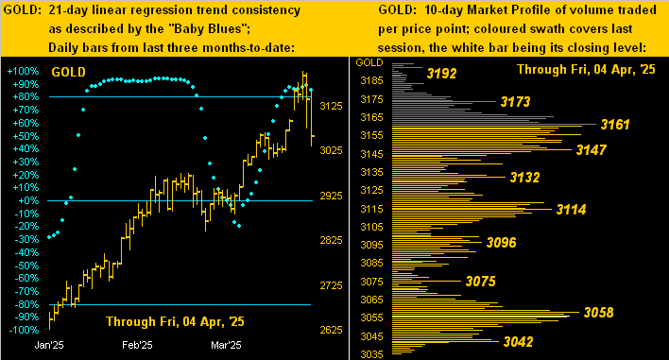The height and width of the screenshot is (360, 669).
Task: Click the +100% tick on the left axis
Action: pyautogui.click(x=22, y=71)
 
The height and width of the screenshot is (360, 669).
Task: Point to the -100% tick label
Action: pyautogui.click(x=22, y=330)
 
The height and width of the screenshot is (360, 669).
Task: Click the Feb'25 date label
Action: pyautogui.click(x=137, y=346)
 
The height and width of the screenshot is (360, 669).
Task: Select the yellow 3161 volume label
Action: pyautogui.click(x=619, y=124)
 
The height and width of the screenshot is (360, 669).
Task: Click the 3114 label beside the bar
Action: pyautogui.click(x=574, y=209)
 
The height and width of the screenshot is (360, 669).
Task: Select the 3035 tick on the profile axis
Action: pyautogui.click(x=370, y=354)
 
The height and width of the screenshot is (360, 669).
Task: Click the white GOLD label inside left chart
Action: pyautogui.click(x=67, y=71)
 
